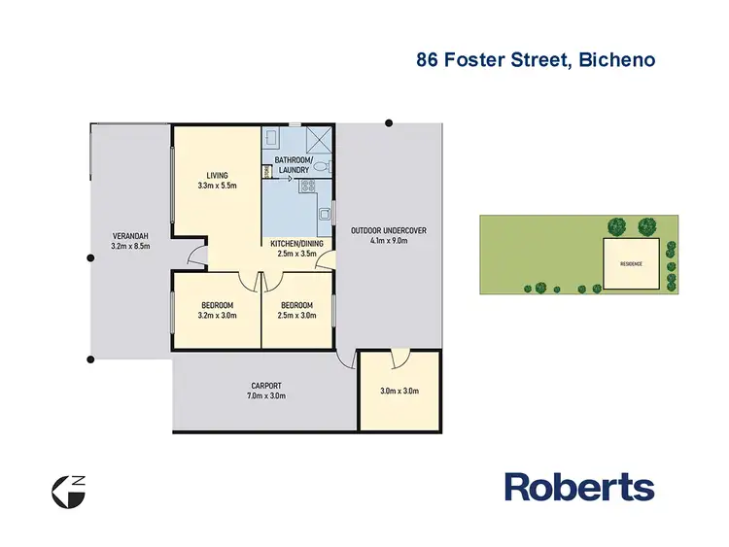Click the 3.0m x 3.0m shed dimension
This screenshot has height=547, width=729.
tap(399, 393)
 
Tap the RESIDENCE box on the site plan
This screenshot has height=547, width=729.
tap(632, 262)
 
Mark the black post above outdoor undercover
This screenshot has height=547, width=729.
tap(389, 122)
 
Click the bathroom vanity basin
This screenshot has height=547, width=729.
tap(273, 137)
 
